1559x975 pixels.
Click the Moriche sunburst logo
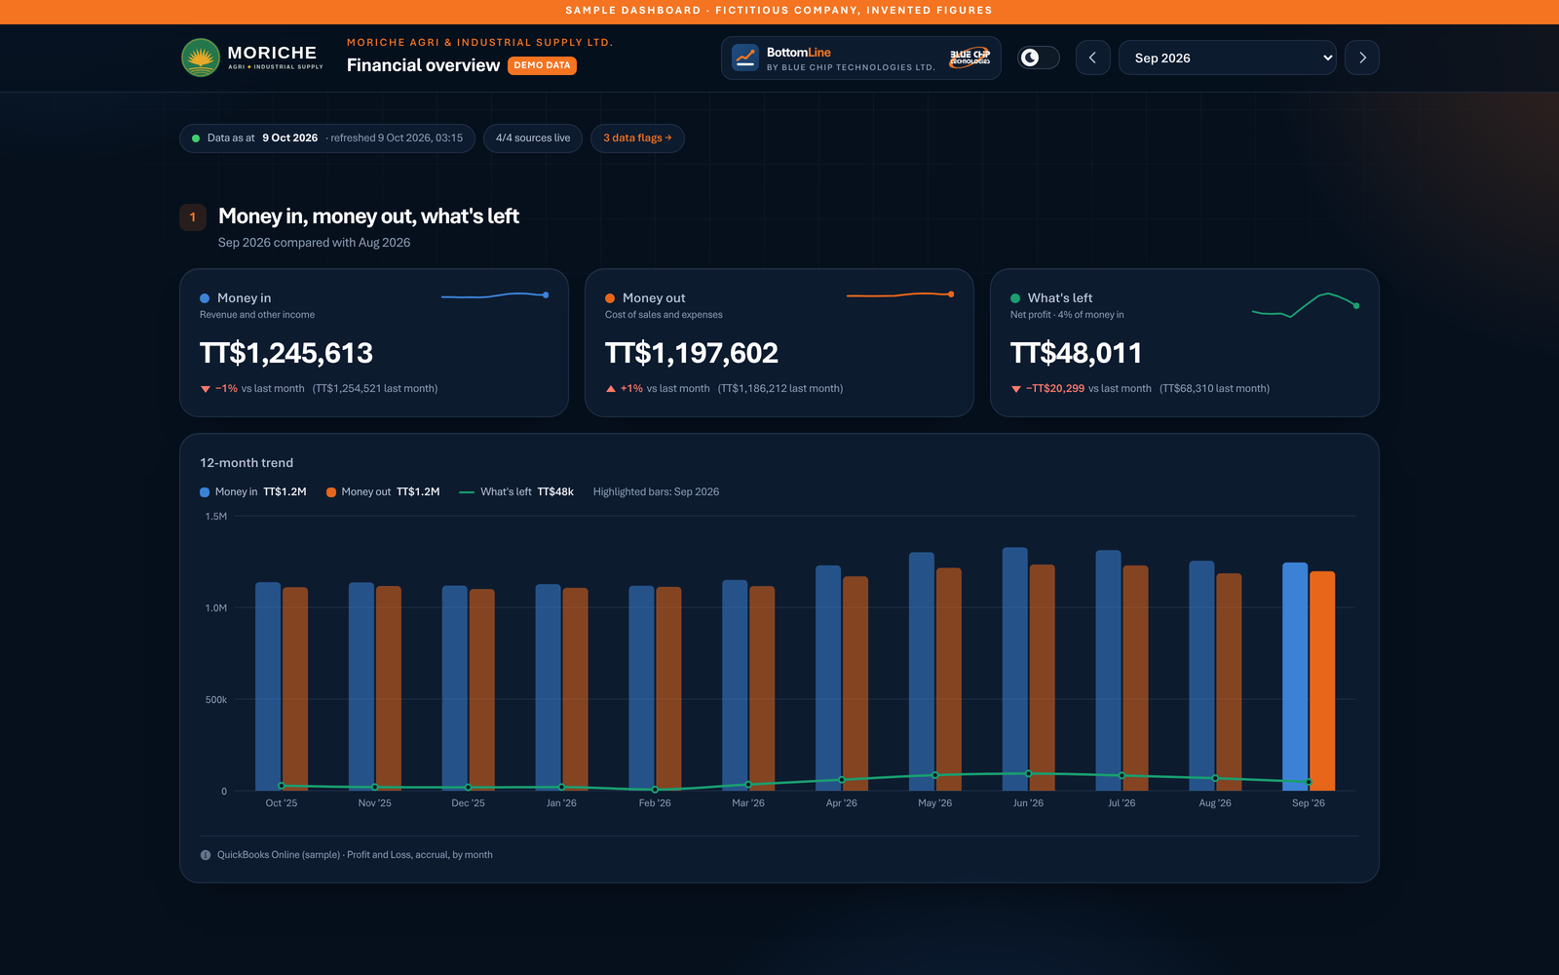point(201,58)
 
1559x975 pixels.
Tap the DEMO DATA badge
point(542,65)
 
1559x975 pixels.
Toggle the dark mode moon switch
point(1039,58)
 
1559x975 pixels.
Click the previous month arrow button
point(1092,58)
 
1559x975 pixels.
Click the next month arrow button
point(1362,58)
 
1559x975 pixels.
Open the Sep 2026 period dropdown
point(1227,58)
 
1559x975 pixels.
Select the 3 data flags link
point(637,137)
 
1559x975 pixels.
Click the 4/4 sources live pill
point(532,137)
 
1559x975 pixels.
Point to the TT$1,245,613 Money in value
point(286,353)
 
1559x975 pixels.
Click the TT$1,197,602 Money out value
point(691,353)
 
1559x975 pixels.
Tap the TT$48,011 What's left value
point(1076,353)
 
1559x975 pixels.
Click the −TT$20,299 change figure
point(1054,389)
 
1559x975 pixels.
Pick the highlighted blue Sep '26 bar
point(1295,677)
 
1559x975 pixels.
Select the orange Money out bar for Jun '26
point(1042,678)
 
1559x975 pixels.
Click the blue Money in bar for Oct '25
point(268,686)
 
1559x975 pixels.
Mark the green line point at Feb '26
point(655,790)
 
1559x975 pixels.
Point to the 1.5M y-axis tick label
point(215,516)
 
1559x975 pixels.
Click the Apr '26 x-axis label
point(842,803)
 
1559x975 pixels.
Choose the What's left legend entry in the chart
point(516,491)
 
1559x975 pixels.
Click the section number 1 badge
point(193,217)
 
